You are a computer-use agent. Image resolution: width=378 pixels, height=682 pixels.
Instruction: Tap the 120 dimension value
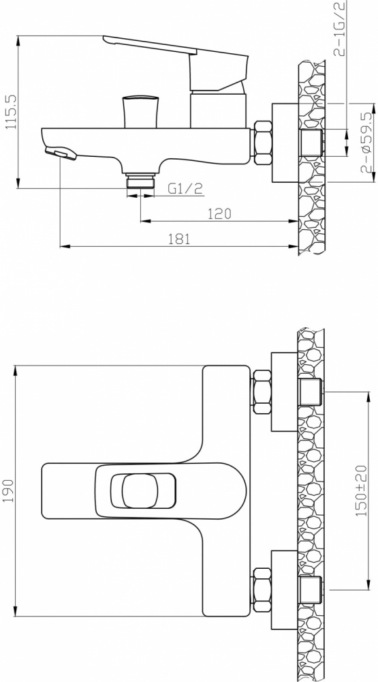(219, 213)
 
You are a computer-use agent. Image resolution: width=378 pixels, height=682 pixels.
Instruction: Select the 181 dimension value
(178, 239)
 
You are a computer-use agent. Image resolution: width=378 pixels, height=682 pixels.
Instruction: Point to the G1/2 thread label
(185, 188)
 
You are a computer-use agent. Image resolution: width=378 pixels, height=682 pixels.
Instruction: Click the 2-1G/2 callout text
(340, 29)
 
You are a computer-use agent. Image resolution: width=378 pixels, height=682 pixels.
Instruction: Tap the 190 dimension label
(9, 490)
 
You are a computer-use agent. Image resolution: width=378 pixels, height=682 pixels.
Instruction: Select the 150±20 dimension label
(362, 490)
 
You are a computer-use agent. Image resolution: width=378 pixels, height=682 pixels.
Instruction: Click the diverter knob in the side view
(140, 112)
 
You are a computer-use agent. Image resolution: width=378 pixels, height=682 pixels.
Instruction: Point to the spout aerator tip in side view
(61, 153)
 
